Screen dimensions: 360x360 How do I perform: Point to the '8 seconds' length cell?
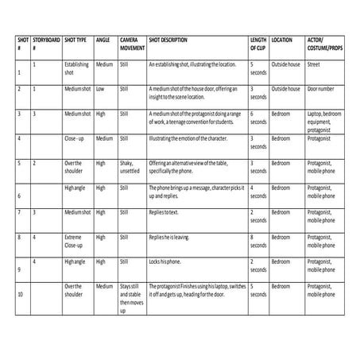click(258, 240)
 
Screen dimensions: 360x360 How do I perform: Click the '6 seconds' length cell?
click(258, 118)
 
